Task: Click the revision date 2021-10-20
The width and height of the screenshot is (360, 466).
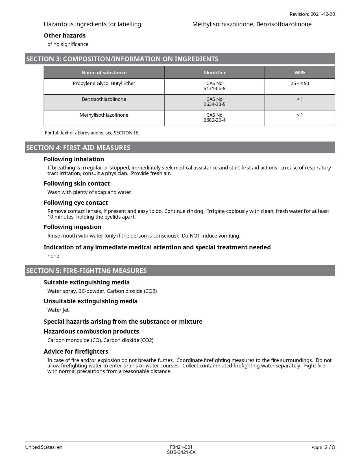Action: tap(322, 14)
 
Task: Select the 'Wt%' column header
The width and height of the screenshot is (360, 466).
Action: tap(300, 73)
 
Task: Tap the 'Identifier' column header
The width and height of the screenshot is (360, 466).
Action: tap(214, 73)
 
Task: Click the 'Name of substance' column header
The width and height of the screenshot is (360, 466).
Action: tap(104, 73)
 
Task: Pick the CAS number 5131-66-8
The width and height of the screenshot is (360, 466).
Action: tap(214, 88)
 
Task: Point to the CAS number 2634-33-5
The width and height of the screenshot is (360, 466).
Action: tap(214, 104)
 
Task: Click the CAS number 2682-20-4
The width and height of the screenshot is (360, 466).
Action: tap(214, 120)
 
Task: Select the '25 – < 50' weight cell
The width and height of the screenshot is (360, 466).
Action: tap(300, 83)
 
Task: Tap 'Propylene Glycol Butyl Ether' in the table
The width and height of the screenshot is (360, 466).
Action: tap(104, 83)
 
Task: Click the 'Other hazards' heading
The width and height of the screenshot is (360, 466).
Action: tap(65, 36)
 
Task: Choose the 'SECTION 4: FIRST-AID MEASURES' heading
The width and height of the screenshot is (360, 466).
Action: tap(78, 148)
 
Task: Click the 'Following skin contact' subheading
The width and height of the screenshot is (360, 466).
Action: tap(77, 184)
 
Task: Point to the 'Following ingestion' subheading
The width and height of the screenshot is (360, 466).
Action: tap(73, 227)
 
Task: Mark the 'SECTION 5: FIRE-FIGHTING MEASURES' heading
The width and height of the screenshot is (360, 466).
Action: tap(86, 271)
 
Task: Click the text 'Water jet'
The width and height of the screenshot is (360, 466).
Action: tap(58, 310)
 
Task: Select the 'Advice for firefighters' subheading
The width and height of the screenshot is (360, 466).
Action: tap(76, 352)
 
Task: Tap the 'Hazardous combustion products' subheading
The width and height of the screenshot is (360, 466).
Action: tap(91, 332)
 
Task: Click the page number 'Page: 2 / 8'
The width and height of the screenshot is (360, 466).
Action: tap(323, 447)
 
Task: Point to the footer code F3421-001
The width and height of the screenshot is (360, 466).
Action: tap(181, 447)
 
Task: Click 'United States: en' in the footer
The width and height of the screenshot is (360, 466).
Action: tap(44, 447)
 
